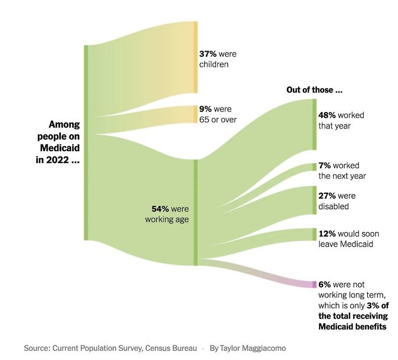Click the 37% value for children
pos(208,54)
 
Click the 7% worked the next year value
pos(325,165)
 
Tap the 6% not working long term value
pos(325,284)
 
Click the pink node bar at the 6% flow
pos(314,284)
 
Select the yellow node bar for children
pos(196,57)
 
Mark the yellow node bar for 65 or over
pos(196,114)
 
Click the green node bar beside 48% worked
pos(314,125)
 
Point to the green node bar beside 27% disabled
pos(314,200)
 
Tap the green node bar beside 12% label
pos(314,234)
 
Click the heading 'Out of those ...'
pos(314,90)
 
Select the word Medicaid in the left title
pos(60,148)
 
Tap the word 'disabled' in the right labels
pos(334,206)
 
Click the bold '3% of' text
pos(376,305)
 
